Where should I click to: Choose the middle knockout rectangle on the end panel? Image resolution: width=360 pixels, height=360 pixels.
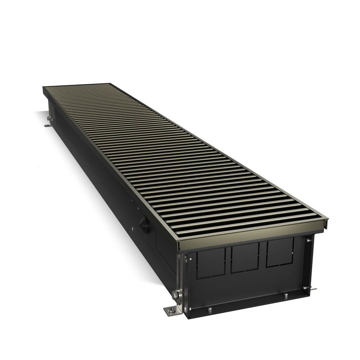[x=244, y=257]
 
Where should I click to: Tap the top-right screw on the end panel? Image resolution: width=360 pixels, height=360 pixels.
[x=309, y=240]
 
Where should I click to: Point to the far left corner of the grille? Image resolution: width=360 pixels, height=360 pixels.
[x=43, y=87]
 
